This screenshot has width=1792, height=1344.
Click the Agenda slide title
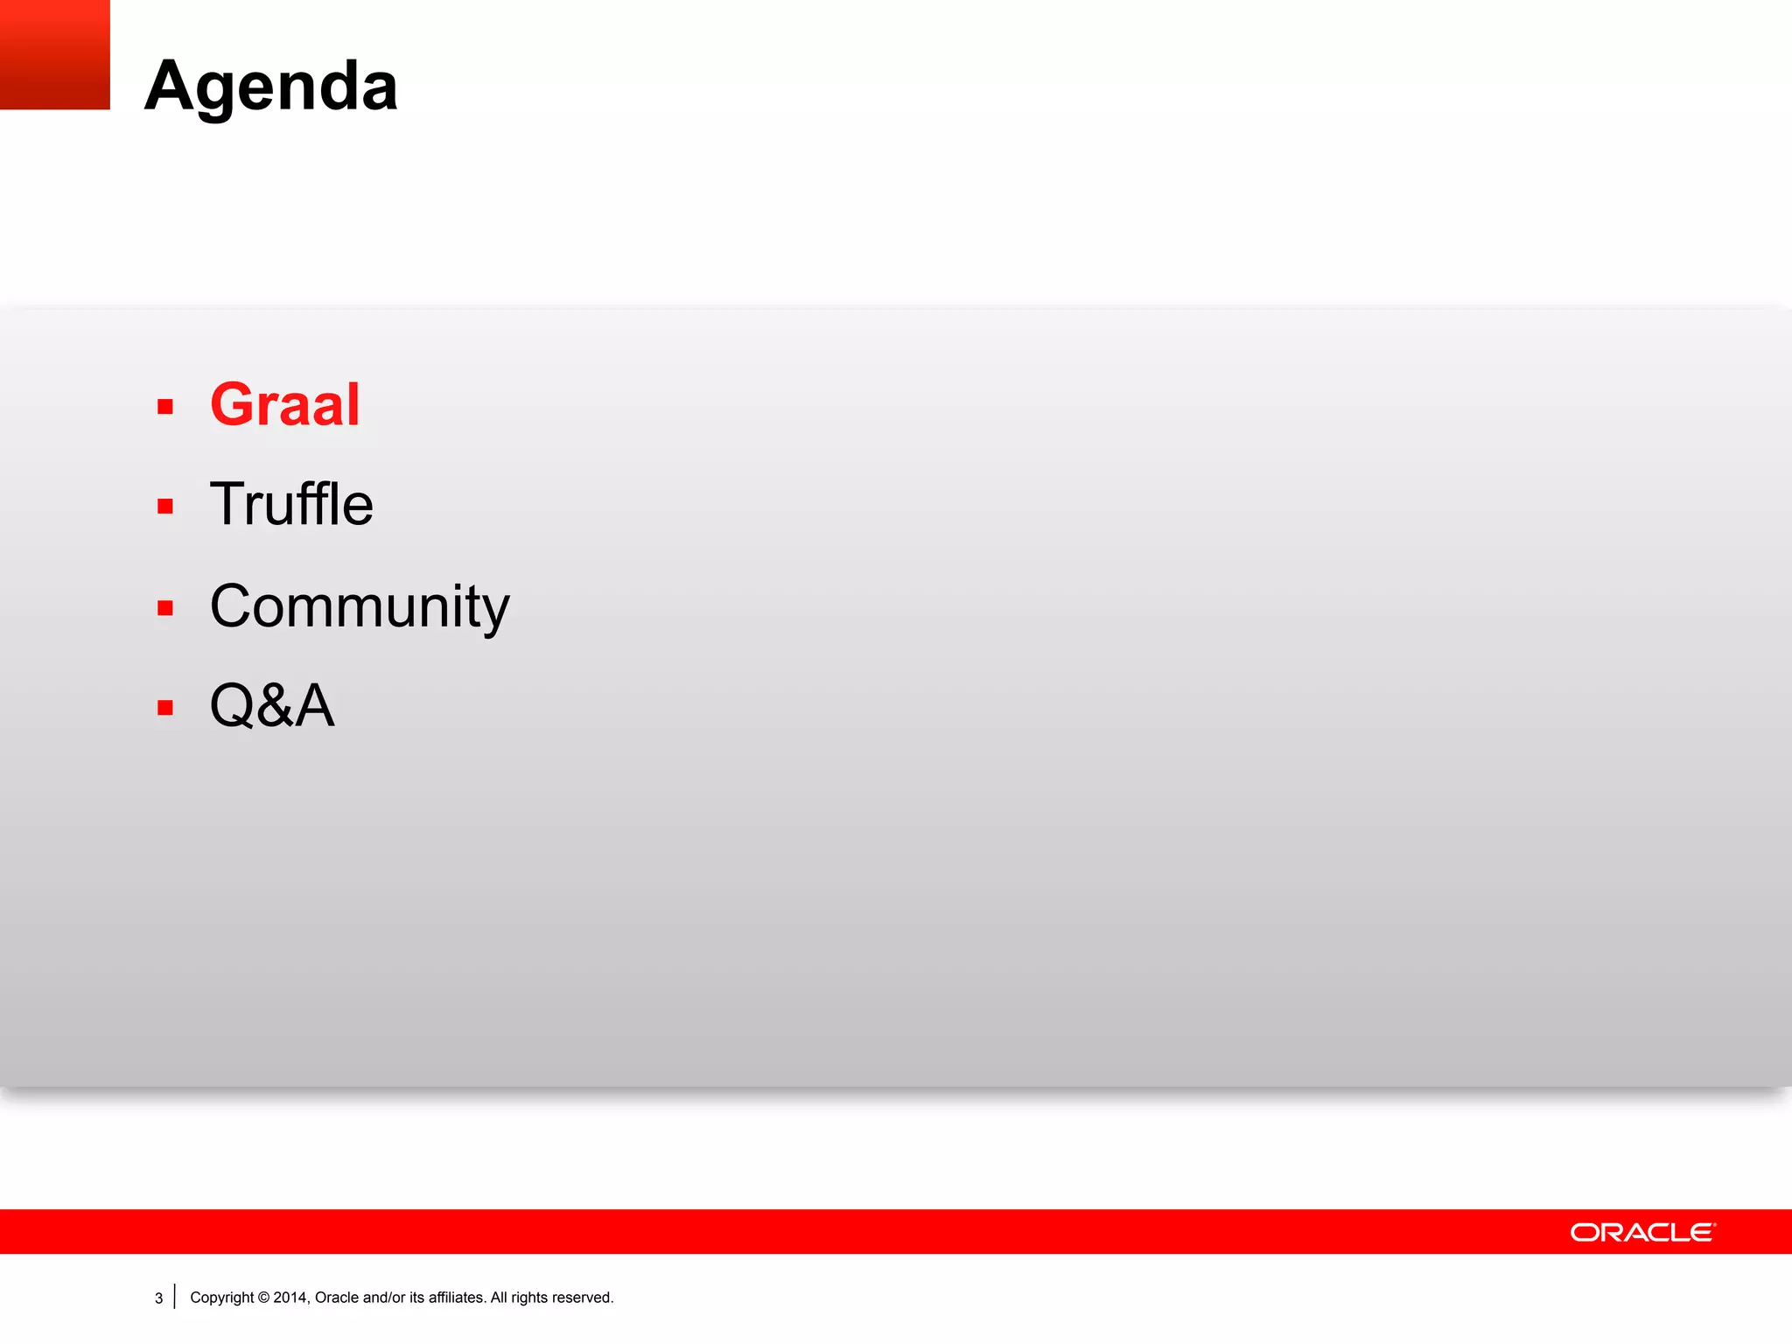click(x=271, y=87)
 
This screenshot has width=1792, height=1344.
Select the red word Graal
click(x=285, y=405)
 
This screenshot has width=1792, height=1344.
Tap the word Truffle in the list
click(x=291, y=505)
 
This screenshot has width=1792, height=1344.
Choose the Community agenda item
click(x=360, y=606)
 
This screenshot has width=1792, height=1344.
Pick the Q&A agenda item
click(x=272, y=705)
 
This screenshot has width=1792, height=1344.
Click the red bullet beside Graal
click(x=165, y=407)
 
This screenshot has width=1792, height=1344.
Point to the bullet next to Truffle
click(x=165, y=507)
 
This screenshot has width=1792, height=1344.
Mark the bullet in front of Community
click(x=165, y=608)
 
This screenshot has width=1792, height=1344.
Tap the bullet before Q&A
click(x=165, y=708)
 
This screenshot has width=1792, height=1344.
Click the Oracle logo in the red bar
click(x=1642, y=1232)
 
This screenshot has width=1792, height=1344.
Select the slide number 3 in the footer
click(x=158, y=1298)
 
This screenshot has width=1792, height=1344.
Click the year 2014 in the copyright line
click(x=290, y=1298)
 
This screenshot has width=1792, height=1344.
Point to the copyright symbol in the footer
click(x=263, y=1298)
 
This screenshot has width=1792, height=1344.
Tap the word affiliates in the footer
click(x=456, y=1298)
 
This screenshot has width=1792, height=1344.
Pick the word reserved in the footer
click(x=582, y=1298)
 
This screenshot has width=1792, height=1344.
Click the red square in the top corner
click(x=54, y=54)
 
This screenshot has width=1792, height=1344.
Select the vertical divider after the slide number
click(x=175, y=1297)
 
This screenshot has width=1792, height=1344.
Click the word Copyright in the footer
click(x=222, y=1298)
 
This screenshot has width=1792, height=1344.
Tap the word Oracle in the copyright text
click(x=336, y=1298)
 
